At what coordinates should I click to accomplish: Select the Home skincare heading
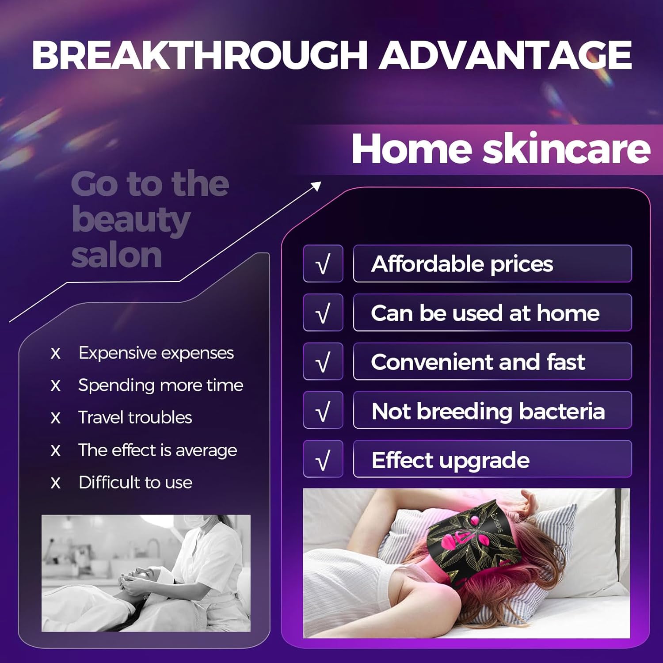pyautogui.click(x=501, y=149)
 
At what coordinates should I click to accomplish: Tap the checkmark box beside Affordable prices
pyautogui.click(x=323, y=264)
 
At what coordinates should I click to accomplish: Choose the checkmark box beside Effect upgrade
pyautogui.click(x=323, y=459)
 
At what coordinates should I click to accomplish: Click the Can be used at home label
pyautogui.click(x=485, y=313)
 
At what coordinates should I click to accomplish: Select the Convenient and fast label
pyautogui.click(x=478, y=362)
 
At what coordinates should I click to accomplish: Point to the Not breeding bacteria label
pyautogui.click(x=488, y=412)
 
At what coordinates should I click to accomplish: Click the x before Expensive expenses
pyautogui.click(x=55, y=354)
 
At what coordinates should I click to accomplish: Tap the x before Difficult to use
pyautogui.click(x=55, y=483)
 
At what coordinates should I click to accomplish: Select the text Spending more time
pyautogui.click(x=161, y=385)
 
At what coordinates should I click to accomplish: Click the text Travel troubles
pyautogui.click(x=135, y=418)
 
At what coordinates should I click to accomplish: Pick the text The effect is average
pyautogui.click(x=158, y=450)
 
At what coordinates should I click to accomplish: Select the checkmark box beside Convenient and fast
pyautogui.click(x=323, y=362)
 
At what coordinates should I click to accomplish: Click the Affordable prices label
pyautogui.click(x=462, y=264)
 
